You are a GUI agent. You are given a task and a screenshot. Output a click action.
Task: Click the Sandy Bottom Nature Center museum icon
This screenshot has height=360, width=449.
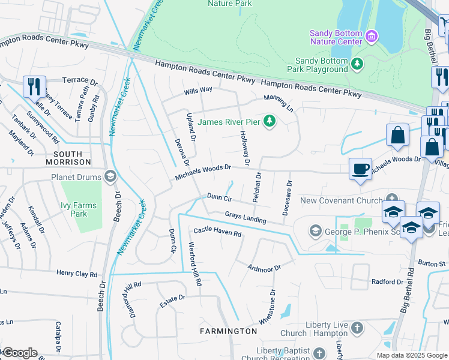(x=372, y=37)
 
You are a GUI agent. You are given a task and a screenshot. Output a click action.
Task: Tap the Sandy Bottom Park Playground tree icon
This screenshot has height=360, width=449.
(x=357, y=64)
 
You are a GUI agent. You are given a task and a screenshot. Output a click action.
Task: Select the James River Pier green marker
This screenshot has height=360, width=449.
(x=270, y=121)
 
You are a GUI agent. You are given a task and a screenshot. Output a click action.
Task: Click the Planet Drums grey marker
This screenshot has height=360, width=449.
(x=110, y=176)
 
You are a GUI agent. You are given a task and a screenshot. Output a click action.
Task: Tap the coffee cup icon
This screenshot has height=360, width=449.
(x=360, y=169)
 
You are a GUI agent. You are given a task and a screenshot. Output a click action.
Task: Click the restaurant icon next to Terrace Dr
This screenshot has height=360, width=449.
(x=34, y=86)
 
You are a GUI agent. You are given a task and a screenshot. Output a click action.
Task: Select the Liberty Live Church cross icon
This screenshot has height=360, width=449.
(x=357, y=328)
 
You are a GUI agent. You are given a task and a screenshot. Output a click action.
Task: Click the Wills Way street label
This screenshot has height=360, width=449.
(x=198, y=90)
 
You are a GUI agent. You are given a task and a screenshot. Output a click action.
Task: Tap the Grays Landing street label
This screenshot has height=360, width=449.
(x=246, y=217)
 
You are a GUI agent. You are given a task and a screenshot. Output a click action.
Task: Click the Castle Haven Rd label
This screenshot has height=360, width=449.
(x=217, y=232)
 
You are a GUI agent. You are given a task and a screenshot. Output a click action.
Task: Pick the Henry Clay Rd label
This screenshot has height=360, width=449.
(x=77, y=274)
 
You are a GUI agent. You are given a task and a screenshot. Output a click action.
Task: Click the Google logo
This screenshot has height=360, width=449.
(x=19, y=353)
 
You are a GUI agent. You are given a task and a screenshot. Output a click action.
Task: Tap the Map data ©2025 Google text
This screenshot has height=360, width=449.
(x=412, y=355)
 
